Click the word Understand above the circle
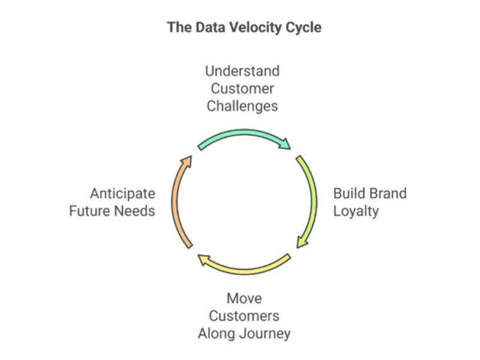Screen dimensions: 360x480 point(242,71)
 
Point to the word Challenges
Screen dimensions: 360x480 point(242,106)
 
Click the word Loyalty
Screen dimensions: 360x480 point(356,211)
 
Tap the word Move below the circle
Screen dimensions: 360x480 point(244,298)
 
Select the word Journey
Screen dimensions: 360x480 point(265,334)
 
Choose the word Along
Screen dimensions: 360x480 point(217,334)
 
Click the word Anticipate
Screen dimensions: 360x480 point(122,194)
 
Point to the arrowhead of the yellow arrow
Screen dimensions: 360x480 point(203,259)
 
